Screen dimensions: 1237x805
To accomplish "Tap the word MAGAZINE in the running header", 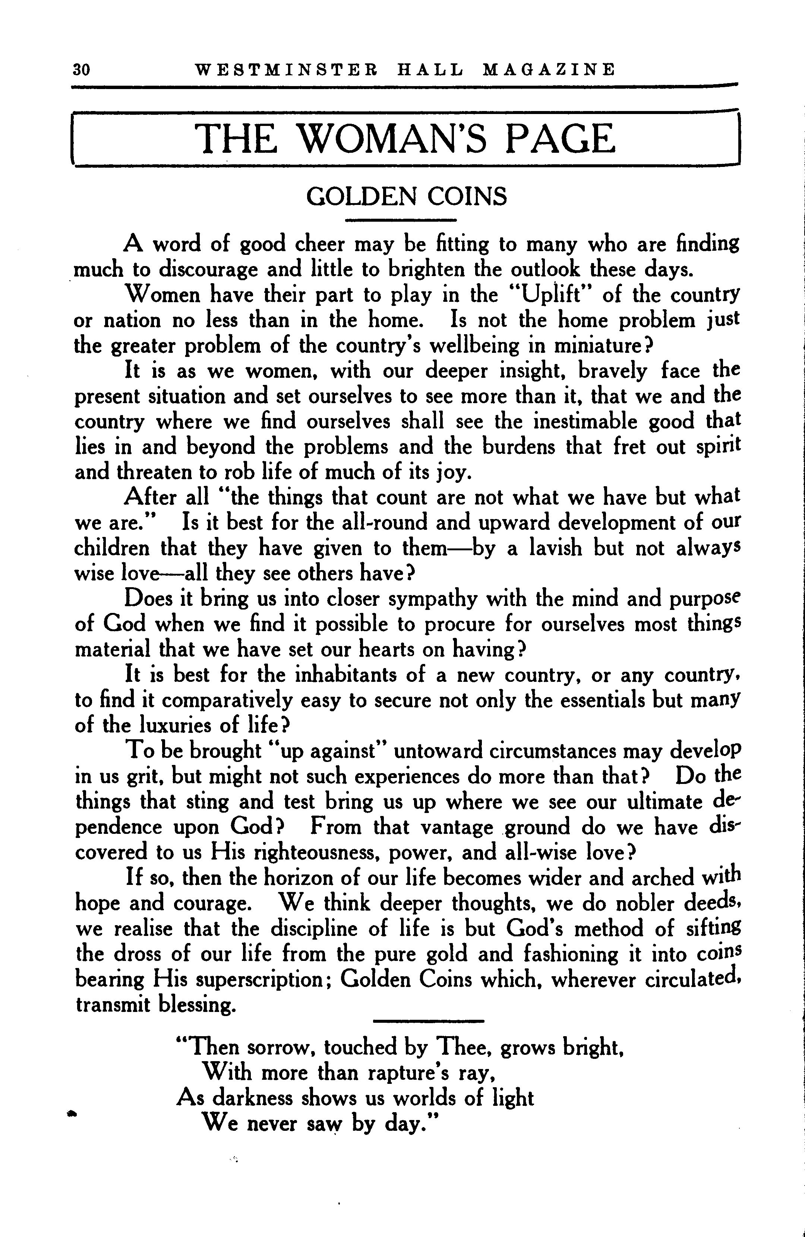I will point(549,70).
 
